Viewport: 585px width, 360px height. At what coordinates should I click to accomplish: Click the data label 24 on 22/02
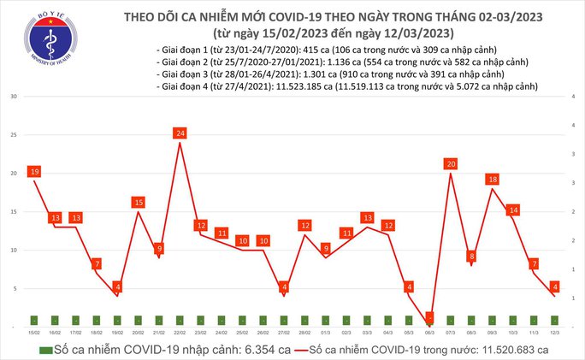click(x=180, y=133)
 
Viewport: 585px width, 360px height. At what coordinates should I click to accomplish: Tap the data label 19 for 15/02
click(x=33, y=172)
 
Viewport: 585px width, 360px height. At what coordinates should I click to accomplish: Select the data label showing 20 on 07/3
click(x=451, y=163)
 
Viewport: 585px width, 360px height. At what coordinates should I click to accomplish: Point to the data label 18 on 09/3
click(x=493, y=180)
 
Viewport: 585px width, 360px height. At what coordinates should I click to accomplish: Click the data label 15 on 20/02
click(x=138, y=202)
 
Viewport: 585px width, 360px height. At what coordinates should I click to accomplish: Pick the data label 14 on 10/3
click(x=513, y=210)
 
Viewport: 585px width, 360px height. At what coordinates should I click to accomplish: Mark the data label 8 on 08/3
click(x=471, y=256)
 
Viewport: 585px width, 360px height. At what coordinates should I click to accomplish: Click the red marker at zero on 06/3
click(x=429, y=317)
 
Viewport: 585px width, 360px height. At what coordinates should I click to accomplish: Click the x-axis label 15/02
click(x=33, y=330)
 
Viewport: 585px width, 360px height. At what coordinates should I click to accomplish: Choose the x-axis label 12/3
click(x=555, y=330)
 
